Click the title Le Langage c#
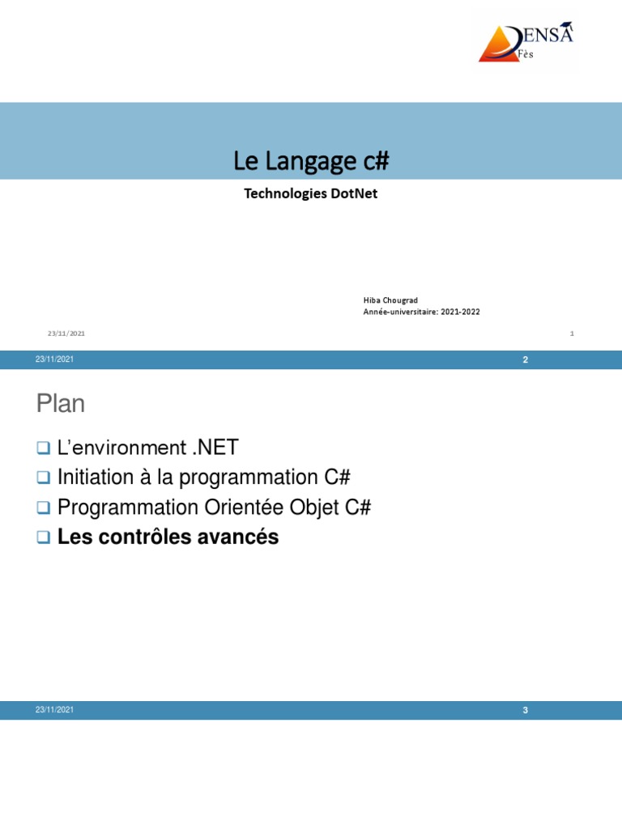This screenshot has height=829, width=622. pos(311,161)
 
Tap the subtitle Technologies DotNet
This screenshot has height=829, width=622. pos(311,194)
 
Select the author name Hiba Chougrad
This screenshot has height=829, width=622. pos(390,300)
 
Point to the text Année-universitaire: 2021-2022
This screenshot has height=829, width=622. pos(421,312)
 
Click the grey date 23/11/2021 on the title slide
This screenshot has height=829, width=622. pos(66,333)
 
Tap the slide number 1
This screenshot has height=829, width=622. pos(572,333)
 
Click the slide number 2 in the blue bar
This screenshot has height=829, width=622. pos(525,359)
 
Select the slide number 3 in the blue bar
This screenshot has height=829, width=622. pos(525,710)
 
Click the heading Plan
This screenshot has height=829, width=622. pos(61,404)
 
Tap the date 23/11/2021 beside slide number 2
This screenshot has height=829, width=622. pos(54,359)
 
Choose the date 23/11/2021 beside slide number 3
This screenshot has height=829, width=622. pos(54,710)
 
